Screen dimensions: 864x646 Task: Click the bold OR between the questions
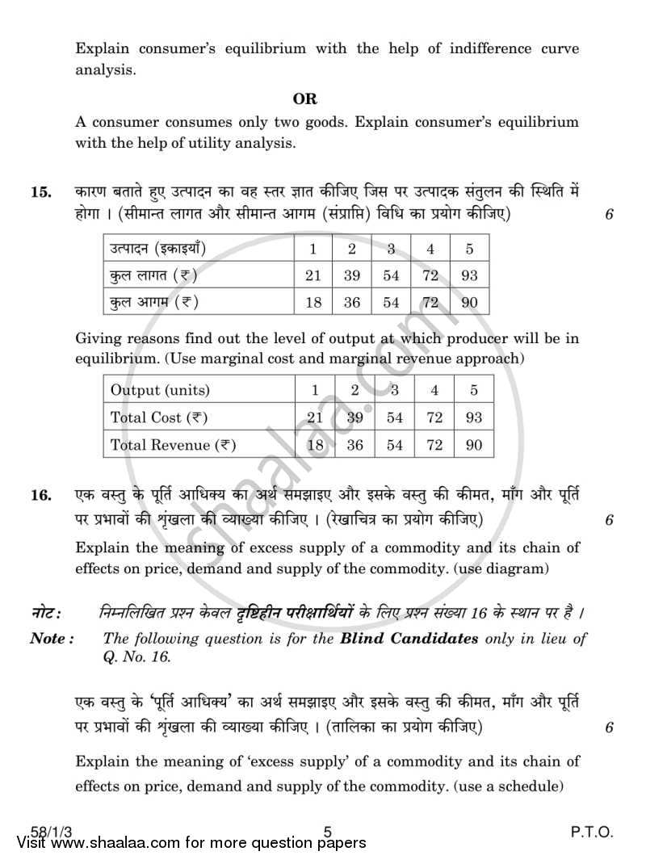click(x=305, y=99)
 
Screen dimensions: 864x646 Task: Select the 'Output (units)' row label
click(x=160, y=390)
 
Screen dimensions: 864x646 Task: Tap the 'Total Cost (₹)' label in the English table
click(x=159, y=417)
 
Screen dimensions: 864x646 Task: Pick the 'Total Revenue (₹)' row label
click(x=173, y=445)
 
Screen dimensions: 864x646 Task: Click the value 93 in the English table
click(x=473, y=417)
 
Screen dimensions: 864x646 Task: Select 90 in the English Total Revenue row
click(x=473, y=445)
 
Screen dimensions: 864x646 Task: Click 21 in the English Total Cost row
click(x=315, y=417)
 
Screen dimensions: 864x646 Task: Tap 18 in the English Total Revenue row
click(x=315, y=445)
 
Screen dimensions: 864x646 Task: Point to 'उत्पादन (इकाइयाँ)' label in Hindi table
click(x=158, y=249)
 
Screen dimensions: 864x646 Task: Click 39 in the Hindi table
click(x=352, y=275)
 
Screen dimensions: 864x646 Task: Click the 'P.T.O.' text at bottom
click(x=586, y=832)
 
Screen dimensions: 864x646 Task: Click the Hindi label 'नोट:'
click(x=47, y=613)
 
